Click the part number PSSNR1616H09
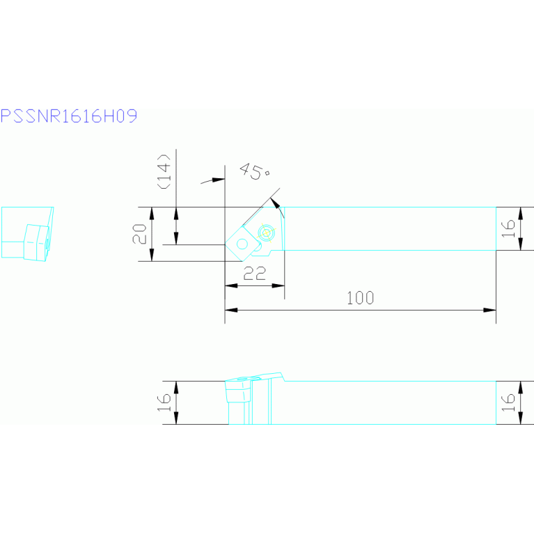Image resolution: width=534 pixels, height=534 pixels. (x=69, y=116)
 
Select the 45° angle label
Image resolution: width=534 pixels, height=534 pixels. (x=254, y=171)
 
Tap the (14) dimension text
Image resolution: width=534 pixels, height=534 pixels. (x=164, y=171)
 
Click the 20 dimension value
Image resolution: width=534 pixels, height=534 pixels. (x=140, y=234)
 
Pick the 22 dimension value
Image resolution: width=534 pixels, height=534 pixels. (x=255, y=273)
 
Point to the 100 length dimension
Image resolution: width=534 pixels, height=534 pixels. (x=361, y=298)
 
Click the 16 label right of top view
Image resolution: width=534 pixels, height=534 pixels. (x=508, y=228)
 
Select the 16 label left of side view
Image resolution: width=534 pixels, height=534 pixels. (x=164, y=402)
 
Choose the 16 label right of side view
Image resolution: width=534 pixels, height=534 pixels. (x=508, y=402)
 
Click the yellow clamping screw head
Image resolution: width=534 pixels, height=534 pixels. (x=267, y=233)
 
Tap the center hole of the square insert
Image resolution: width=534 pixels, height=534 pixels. (x=242, y=244)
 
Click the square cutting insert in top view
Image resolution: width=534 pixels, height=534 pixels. (x=242, y=244)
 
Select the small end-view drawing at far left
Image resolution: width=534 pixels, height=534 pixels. (x=28, y=234)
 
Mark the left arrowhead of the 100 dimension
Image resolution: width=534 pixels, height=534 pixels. (x=231, y=310)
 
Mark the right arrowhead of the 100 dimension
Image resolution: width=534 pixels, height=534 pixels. (x=489, y=310)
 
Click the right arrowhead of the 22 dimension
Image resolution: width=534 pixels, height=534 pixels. (x=278, y=285)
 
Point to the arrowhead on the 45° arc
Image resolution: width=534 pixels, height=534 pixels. (x=275, y=203)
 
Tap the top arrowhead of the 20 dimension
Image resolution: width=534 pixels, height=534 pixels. (x=152, y=213)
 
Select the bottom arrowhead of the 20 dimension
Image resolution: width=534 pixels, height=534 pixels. (x=152, y=255)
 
